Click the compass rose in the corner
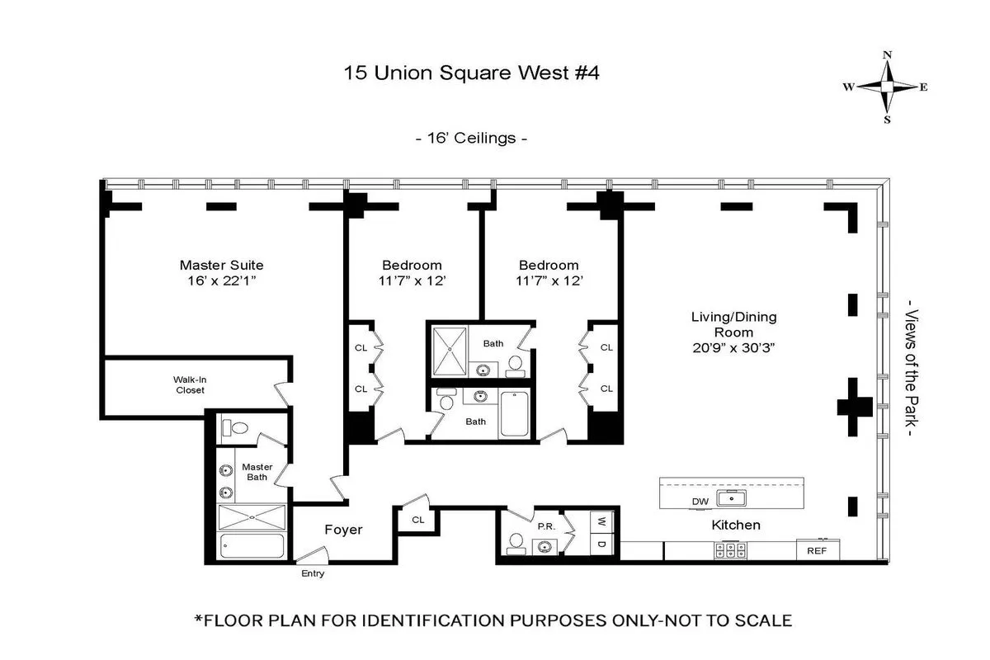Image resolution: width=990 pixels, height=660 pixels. (887, 87)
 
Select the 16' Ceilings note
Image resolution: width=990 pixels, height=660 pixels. (470, 138)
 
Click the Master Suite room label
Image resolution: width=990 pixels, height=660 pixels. (221, 265)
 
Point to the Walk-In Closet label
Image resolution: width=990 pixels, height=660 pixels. (188, 384)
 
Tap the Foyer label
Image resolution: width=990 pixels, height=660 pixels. (343, 530)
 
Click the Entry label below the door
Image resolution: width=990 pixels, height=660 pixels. (313, 573)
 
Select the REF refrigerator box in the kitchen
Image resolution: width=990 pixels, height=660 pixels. (818, 550)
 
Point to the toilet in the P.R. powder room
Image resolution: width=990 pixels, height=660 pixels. (516, 543)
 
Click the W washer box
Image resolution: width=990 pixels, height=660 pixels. (601, 521)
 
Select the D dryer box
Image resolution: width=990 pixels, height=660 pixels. (601, 545)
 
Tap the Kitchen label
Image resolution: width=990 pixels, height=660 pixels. (736, 525)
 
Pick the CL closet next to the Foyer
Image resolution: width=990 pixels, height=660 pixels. (417, 520)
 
